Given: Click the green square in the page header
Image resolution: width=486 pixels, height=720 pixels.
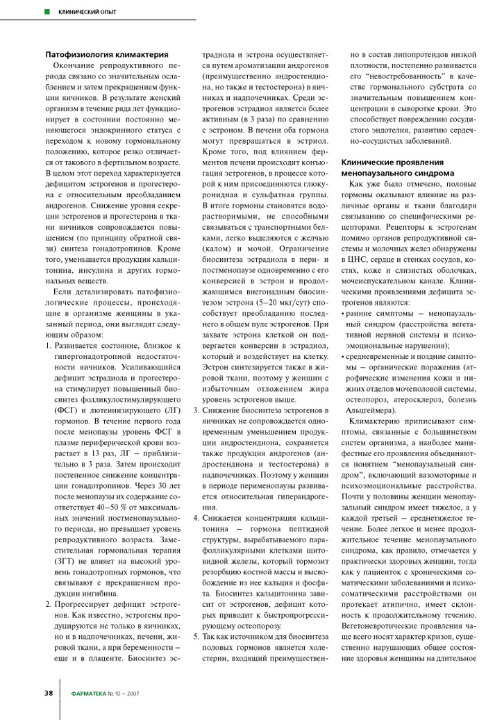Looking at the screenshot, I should pyautogui.click(x=47, y=12).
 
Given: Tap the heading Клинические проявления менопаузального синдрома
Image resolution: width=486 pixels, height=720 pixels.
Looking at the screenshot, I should pyautogui.click(x=398, y=167).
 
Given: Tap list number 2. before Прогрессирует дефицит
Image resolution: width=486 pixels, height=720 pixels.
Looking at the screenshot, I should pyautogui.click(x=49, y=605).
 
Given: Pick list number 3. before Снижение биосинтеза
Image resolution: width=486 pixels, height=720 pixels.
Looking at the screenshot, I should pyautogui.click(x=196, y=411).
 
